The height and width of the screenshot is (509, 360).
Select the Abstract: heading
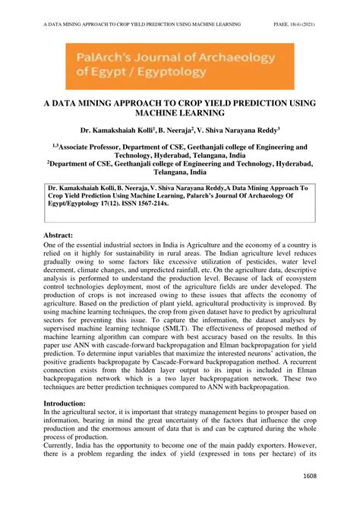click(63, 236)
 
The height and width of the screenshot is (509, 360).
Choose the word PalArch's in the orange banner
click(104, 55)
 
